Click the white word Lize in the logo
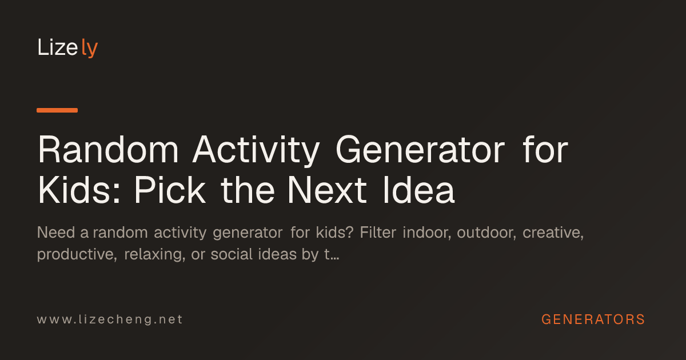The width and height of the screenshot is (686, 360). point(57,47)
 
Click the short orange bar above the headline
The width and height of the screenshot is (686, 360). point(57,110)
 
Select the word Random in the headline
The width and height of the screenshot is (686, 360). point(108,150)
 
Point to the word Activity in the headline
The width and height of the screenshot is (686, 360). point(256,151)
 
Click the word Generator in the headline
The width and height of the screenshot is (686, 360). point(420,150)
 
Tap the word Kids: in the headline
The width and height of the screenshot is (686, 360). point(79,190)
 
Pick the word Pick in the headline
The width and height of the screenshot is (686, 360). point(170,190)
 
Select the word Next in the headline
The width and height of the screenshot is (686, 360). point(327,190)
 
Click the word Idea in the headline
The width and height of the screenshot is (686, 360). point(418,190)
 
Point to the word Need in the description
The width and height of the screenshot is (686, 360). point(56,233)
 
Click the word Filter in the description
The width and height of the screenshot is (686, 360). point(378,233)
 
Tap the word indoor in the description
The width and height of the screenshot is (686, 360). point(427,233)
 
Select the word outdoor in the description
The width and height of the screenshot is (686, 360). point(486,233)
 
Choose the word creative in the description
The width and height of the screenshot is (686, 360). point(553,233)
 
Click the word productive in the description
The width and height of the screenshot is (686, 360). point(77,255)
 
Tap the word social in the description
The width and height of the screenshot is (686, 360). point(232,254)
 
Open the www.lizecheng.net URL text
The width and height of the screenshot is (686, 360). point(110,319)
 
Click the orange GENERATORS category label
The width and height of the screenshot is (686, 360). point(593,319)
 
